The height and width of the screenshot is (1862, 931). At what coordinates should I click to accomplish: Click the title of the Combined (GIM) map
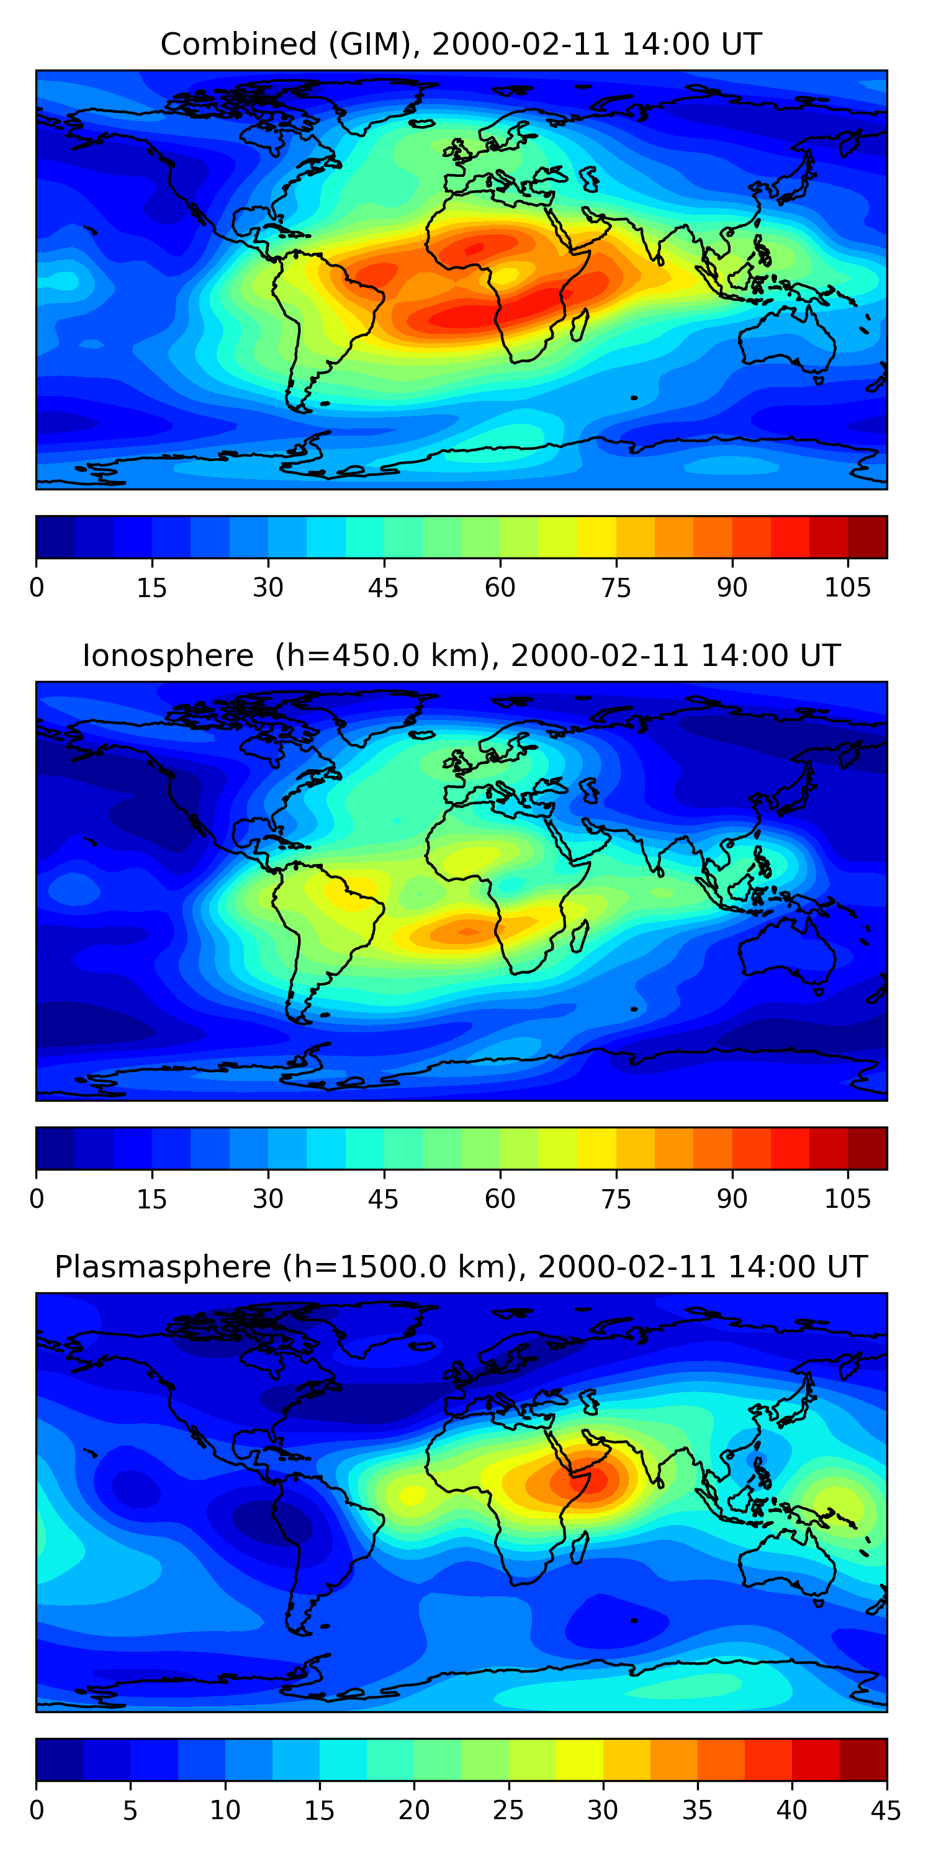pyautogui.click(x=461, y=44)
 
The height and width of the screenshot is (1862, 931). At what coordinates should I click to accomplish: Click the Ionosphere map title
pyautogui.click(x=461, y=655)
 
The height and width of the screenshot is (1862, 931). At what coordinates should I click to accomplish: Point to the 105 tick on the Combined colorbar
pyautogui.click(x=847, y=588)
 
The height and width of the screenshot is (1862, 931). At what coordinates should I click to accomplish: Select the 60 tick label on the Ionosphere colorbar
pyautogui.click(x=500, y=1199)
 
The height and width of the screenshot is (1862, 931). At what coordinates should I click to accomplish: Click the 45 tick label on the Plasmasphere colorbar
pyautogui.click(x=886, y=1810)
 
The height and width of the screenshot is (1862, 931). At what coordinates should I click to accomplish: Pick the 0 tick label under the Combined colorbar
pyautogui.click(x=37, y=588)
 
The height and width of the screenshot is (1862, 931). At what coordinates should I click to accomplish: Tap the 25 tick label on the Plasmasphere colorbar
pyautogui.click(x=508, y=1810)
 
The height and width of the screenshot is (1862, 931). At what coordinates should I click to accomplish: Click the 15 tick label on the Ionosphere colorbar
pyautogui.click(x=152, y=1199)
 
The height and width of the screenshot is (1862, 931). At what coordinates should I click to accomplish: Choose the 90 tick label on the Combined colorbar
pyautogui.click(x=732, y=588)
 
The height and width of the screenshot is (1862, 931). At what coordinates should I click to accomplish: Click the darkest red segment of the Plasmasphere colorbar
pyautogui.click(x=863, y=1760)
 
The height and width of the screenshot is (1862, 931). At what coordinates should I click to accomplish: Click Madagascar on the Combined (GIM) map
pyautogui.click(x=580, y=325)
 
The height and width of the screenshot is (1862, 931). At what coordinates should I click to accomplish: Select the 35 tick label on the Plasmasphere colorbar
pyautogui.click(x=697, y=1810)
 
